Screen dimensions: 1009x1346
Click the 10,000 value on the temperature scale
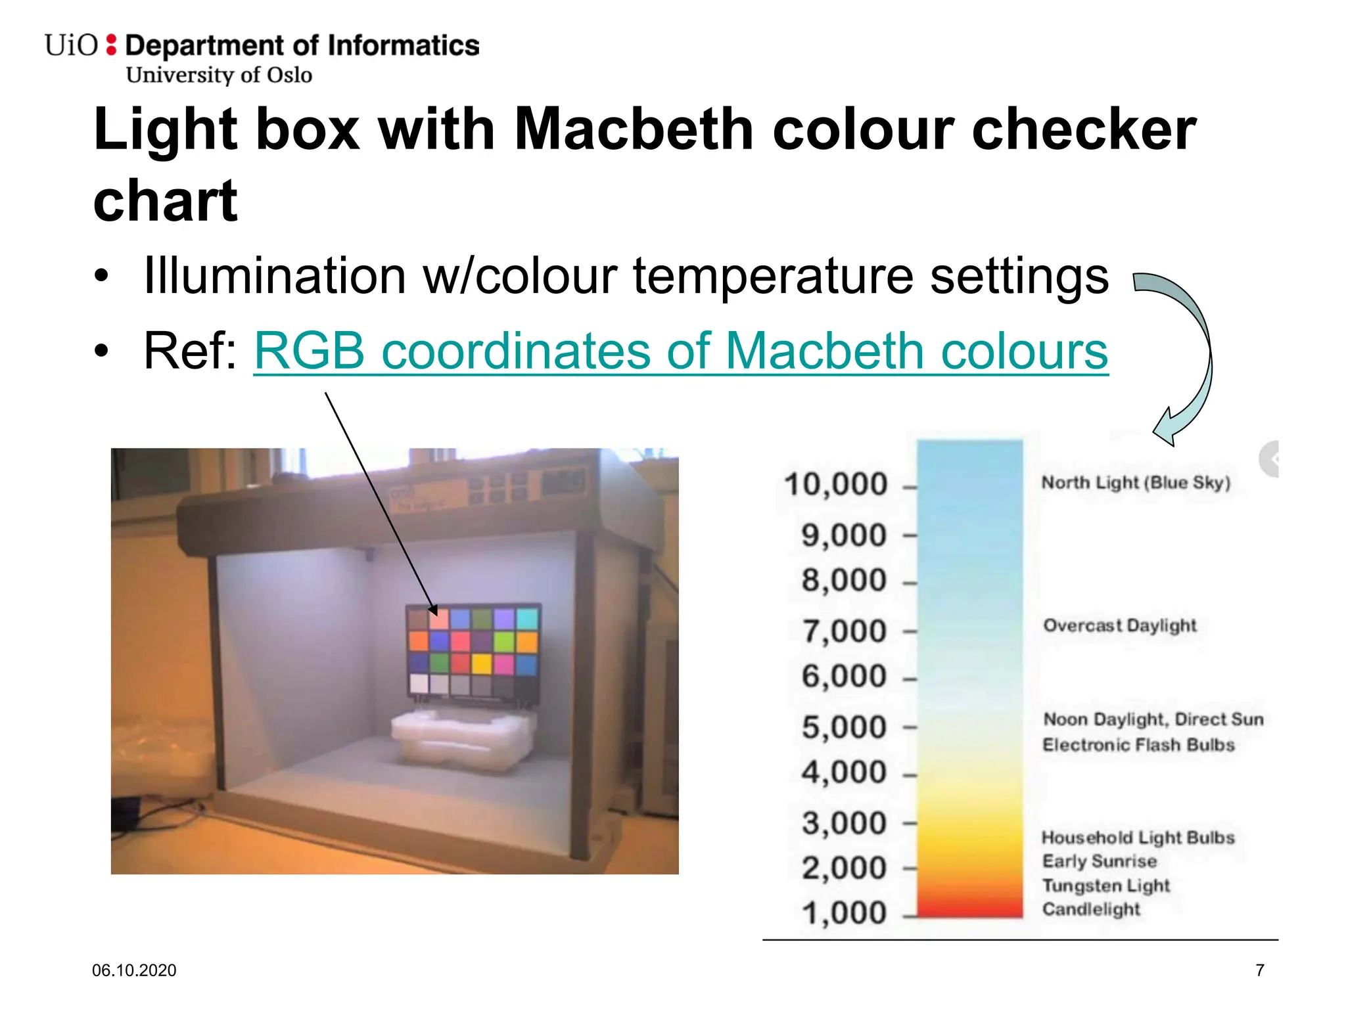pos(835,485)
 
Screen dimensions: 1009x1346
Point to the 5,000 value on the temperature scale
pos(844,728)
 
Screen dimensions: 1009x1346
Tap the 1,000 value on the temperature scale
pos(844,913)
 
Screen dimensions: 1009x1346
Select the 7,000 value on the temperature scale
pos(844,631)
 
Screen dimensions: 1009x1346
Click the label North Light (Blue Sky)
pos(1136,483)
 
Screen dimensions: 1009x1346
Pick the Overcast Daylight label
pos(1120,625)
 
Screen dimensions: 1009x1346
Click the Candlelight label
pos(1091,909)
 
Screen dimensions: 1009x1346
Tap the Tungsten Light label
pos(1106,886)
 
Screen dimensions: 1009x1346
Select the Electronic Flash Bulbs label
pos(1138,745)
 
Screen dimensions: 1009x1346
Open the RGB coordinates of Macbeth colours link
pos(681,351)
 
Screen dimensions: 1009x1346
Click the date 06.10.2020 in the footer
pos(134,970)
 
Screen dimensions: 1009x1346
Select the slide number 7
pos(1259,970)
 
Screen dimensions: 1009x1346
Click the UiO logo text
pos(71,45)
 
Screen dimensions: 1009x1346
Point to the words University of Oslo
pos(219,75)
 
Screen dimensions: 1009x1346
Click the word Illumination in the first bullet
pos(275,276)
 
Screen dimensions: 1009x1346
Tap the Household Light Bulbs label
pos(1138,838)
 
